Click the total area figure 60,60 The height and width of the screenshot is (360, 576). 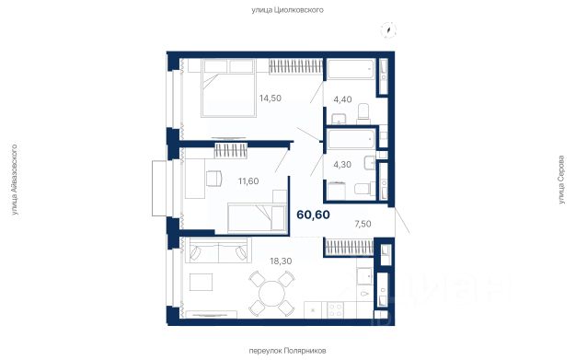pos(313,215)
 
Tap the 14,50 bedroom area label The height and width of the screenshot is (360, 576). pos(270,99)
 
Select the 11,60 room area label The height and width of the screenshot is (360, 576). pos(248,180)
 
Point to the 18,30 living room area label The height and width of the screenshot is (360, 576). pos(281,261)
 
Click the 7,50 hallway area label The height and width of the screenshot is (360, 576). pos(363,224)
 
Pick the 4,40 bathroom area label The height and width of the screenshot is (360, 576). pos(342,99)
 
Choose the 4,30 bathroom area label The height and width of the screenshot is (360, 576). pos(342,165)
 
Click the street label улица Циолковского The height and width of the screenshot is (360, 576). pos(287,10)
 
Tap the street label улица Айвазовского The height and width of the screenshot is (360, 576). pos(15,180)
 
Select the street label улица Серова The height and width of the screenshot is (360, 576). pos(561,180)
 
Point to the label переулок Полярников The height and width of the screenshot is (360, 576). pos(287,351)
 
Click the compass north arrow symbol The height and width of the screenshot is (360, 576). pos(388,30)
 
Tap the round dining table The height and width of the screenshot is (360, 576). pos(271,294)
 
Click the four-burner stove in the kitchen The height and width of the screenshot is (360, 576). pos(336,309)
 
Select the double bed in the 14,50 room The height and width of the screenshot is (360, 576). pos(228,87)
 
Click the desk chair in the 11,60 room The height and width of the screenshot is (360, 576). pos(213,179)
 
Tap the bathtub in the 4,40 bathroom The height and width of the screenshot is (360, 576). pos(351,69)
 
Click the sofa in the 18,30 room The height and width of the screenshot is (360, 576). pos(218,250)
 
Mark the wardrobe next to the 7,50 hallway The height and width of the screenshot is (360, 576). pos(350,247)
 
